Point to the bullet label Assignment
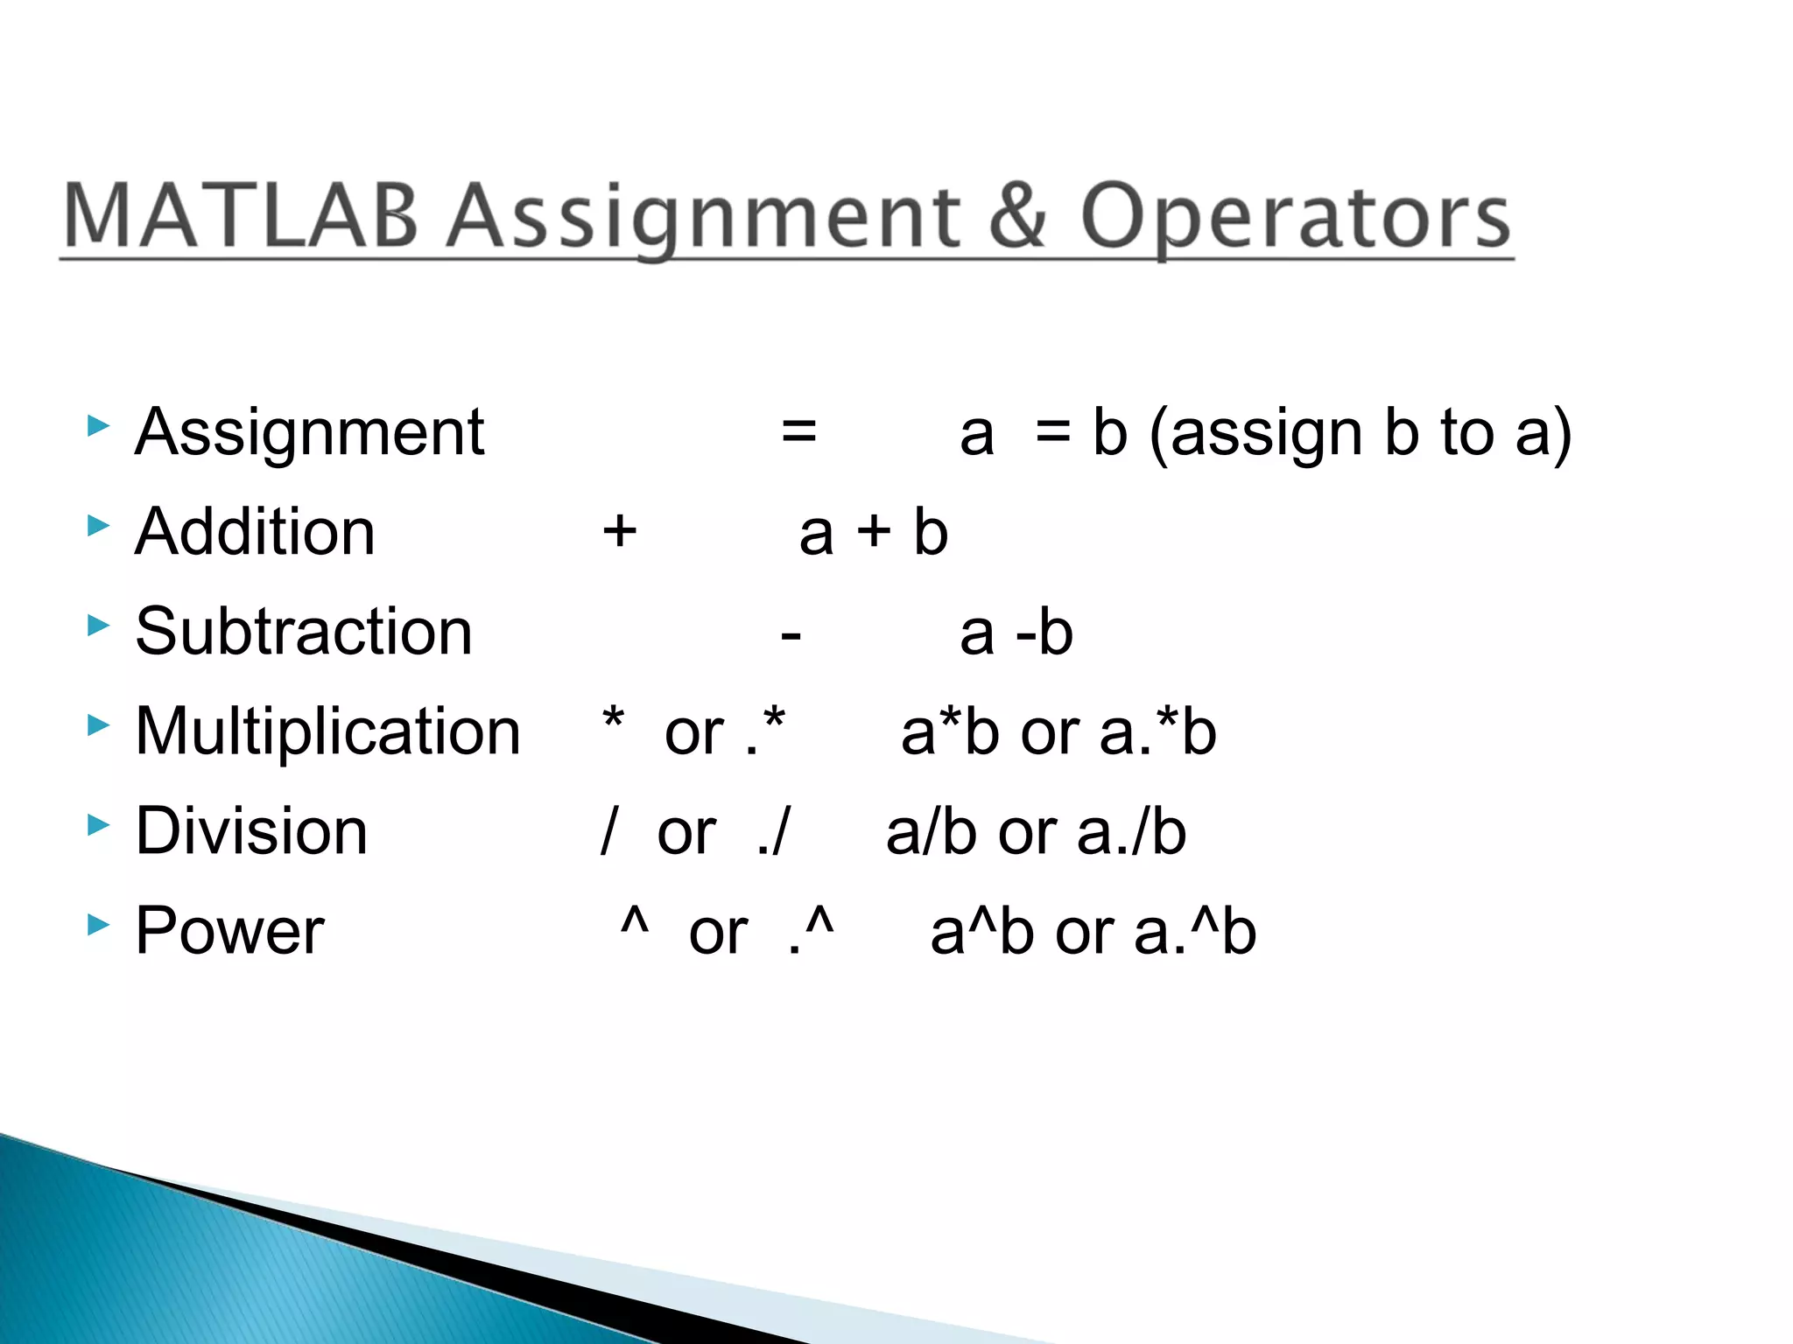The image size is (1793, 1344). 309,432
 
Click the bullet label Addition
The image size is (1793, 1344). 255,532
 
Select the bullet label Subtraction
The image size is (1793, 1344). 304,632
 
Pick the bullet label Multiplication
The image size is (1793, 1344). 328,731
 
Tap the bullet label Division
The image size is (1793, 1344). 251,831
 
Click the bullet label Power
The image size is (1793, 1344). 230,931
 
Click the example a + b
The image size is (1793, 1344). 874,532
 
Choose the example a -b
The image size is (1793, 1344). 1016,632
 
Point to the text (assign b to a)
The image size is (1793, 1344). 1360,434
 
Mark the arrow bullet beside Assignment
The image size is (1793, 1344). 99,426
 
